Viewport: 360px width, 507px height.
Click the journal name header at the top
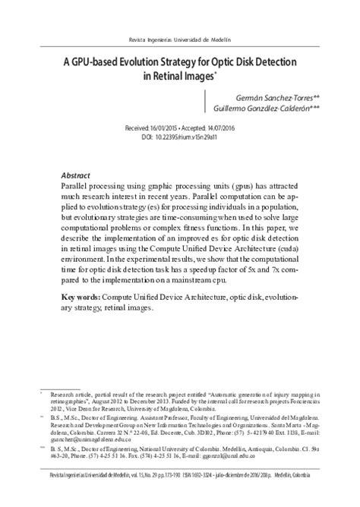pos(180,39)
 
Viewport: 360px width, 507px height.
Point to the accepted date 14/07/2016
pos(228,130)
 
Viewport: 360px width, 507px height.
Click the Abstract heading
pos(75,175)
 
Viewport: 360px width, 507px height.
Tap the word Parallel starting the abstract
pos(77,185)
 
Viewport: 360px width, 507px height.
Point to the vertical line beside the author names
pos(205,104)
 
